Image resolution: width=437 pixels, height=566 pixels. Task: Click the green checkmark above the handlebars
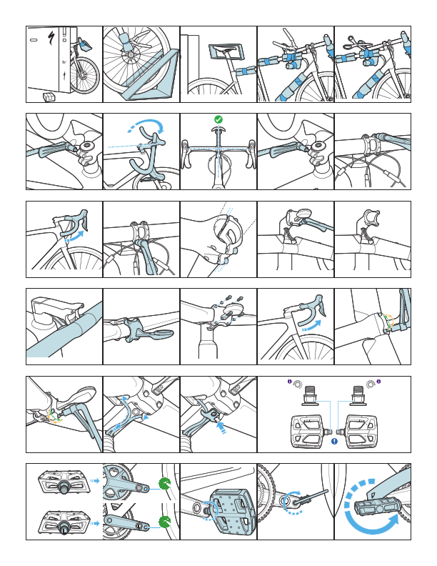(x=218, y=119)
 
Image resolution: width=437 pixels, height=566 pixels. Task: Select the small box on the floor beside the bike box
(x=49, y=95)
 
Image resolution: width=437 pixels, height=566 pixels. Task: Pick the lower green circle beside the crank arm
(x=165, y=523)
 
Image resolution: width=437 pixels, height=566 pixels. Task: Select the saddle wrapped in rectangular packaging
(x=224, y=51)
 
